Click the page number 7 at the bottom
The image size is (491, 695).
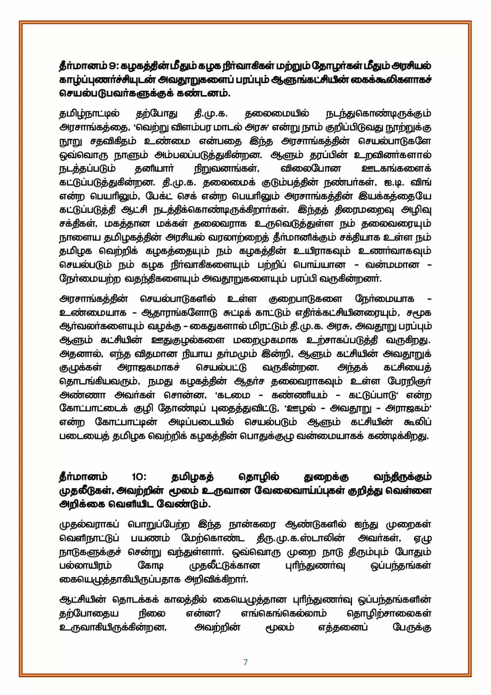pos(246,662)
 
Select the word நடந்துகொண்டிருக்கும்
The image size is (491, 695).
pos(378,114)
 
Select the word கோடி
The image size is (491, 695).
pos(151,566)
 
